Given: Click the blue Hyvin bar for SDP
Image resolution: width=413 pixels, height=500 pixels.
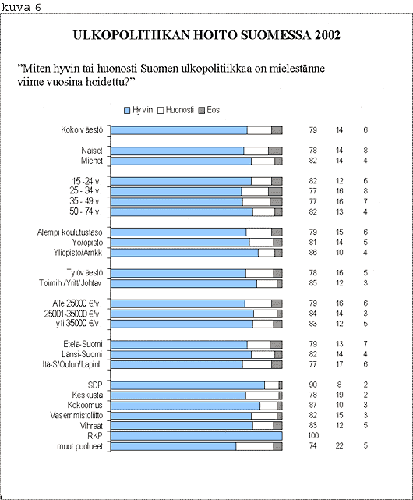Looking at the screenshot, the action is coord(188,385).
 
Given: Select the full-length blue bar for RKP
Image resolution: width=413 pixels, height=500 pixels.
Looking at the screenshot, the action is coord(196,436).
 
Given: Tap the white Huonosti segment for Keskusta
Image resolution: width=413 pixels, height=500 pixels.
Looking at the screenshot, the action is coord(263,395).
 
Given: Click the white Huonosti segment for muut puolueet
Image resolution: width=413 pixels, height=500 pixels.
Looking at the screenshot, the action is coord(255,446).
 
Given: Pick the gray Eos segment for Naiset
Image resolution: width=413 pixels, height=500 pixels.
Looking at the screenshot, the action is coord(275,151).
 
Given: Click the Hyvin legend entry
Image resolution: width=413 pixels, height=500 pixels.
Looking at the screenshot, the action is coord(138,110).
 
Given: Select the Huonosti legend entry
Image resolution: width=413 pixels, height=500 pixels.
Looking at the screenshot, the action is coord(175,110).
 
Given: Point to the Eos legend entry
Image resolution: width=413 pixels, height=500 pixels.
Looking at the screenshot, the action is coord(210,110).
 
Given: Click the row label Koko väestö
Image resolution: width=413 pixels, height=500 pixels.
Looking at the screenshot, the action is coord(82,129).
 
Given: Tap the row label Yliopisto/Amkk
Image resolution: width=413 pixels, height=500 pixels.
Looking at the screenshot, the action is coord(78,253).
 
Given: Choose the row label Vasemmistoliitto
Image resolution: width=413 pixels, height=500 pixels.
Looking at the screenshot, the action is coord(76,415).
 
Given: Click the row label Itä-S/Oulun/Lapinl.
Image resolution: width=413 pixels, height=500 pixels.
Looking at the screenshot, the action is coord(72,364).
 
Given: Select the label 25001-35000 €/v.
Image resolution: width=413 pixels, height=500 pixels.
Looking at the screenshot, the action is coord(73,314).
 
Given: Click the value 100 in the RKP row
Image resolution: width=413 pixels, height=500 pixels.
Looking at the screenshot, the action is coord(313,435).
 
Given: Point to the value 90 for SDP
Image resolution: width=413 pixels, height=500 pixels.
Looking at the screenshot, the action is coord(313,385).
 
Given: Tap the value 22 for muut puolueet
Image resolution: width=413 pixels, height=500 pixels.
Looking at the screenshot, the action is coord(340,446).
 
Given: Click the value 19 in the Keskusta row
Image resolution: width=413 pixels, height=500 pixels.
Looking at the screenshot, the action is coord(340,395).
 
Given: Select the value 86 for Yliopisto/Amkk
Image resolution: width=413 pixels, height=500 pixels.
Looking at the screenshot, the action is coord(313,253).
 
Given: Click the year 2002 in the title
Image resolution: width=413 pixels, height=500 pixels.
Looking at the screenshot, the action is coord(327,35).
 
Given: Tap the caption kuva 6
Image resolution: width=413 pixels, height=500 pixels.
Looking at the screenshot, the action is coord(21,7).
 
